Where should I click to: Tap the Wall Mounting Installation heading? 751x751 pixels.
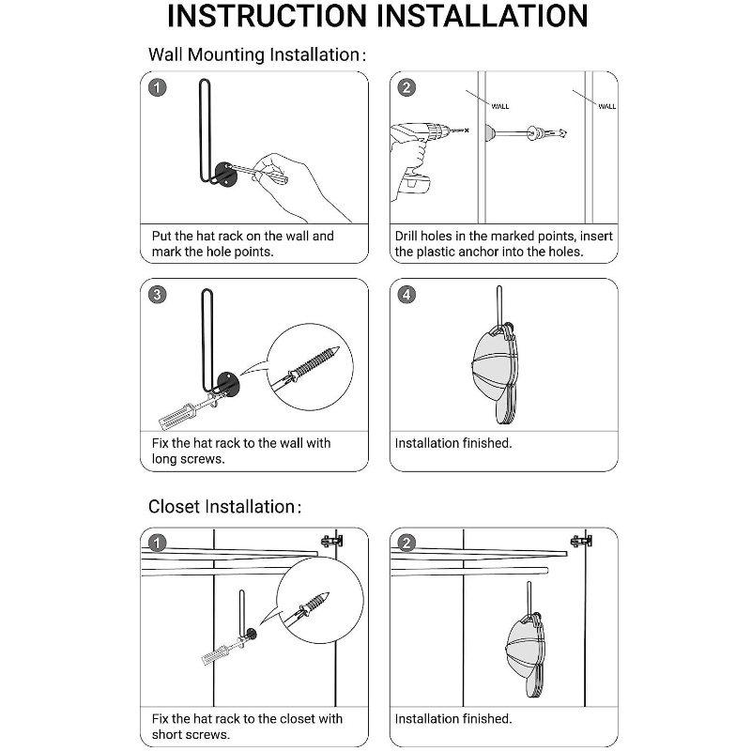(x=253, y=54)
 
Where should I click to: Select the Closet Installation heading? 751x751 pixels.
(x=222, y=507)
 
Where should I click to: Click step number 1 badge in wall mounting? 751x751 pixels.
(x=159, y=88)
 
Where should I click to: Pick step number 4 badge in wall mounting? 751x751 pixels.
(x=406, y=295)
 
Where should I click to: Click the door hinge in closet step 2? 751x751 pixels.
(x=582, y=542)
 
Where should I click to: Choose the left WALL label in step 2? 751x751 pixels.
(x=500, y=106)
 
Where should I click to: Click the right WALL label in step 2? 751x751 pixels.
(x=607, y=106)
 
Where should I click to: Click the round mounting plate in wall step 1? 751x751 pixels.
(x=225, y=174)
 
